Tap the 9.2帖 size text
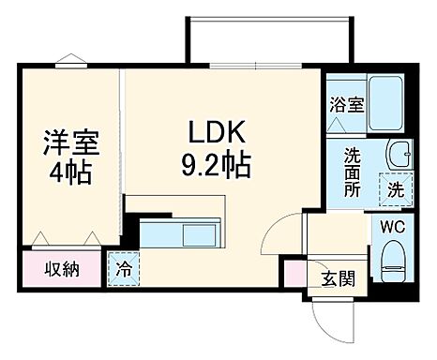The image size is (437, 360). [216, 166]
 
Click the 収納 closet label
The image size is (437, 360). [62, 269]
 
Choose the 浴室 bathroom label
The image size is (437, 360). [345, 105]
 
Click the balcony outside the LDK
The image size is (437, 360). [270, 43]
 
